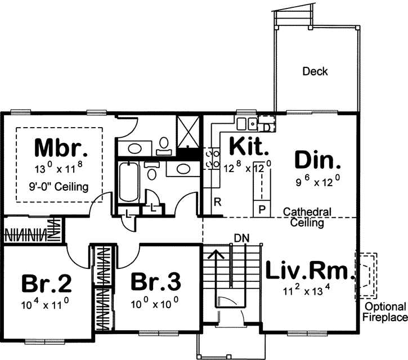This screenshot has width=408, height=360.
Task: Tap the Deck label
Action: (315, 71)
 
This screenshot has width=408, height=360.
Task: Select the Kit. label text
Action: (248, 147)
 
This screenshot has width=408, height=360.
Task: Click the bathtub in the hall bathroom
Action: (129, 181)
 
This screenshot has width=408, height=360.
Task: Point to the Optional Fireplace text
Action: (385, 312)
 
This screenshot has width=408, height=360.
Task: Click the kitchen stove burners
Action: (214, 158)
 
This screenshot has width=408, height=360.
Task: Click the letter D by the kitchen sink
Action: (266, 127)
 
